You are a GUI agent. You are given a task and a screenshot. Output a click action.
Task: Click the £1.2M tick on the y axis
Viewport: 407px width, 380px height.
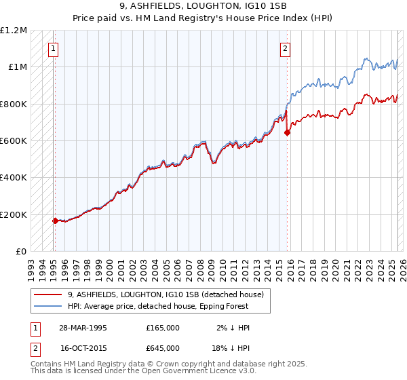[x=14, y=31]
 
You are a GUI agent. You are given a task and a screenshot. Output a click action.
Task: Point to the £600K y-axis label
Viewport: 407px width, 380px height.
[x=14, y=141]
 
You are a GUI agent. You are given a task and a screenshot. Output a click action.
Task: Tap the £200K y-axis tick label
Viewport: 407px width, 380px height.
[x=14, y=214]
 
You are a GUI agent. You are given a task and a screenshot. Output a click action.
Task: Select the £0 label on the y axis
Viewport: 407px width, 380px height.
[x=20, y=252]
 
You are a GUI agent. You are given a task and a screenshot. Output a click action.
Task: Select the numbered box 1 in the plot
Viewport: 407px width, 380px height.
[x=53, y=48]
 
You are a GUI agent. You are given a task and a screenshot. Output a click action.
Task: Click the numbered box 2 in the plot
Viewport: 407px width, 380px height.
[x=286, y=48]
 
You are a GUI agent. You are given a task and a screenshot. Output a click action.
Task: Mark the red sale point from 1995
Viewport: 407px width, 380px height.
[x=55, y=221]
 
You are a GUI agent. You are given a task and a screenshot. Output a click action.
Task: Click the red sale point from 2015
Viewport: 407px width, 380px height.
[x=286, y=133]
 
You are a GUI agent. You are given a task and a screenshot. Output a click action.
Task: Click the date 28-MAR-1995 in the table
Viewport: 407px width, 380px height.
[x=79, y=328]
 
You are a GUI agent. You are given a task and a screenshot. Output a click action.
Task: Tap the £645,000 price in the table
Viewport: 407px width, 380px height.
[x=163, y=348]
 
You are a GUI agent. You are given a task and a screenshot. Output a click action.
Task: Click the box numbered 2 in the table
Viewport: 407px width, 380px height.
[x=35, y=348]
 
